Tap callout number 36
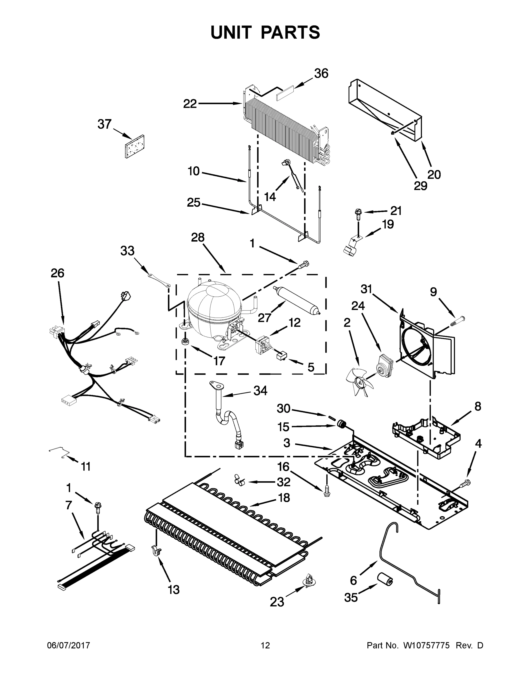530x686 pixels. point(321,73)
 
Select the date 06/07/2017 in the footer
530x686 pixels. point(69,645)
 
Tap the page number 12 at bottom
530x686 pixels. point(265,645)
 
